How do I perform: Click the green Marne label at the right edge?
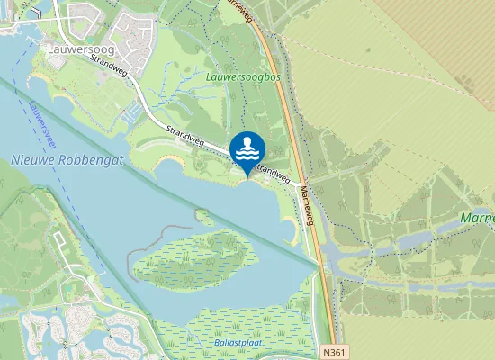477,219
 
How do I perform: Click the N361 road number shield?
333,354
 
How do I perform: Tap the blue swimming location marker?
247,149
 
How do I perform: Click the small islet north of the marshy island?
204,217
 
